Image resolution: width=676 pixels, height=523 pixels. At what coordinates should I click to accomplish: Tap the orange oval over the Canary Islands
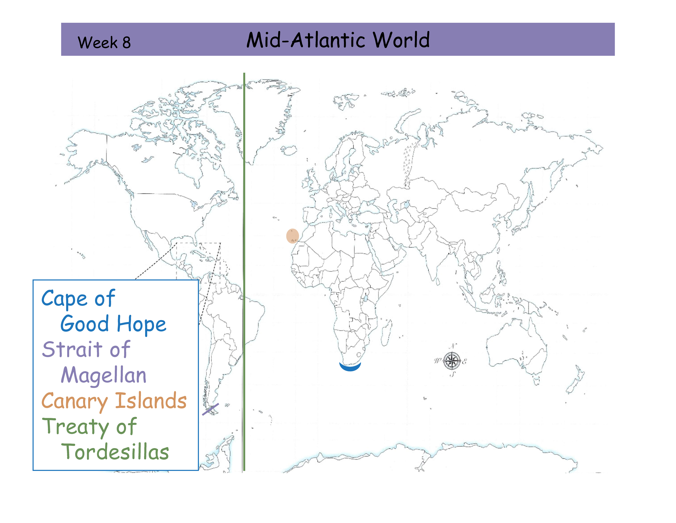[292, 236]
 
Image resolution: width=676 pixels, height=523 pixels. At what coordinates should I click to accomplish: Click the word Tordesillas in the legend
[115, 452]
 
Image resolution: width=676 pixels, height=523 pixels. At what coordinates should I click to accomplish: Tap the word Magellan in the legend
[103, 375]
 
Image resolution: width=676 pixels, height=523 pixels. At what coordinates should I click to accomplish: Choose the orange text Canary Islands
[114, 401]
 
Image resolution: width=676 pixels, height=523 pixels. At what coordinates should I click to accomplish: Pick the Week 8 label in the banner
[104, 42]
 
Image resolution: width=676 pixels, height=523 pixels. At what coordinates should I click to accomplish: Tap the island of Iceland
[289, 151]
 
